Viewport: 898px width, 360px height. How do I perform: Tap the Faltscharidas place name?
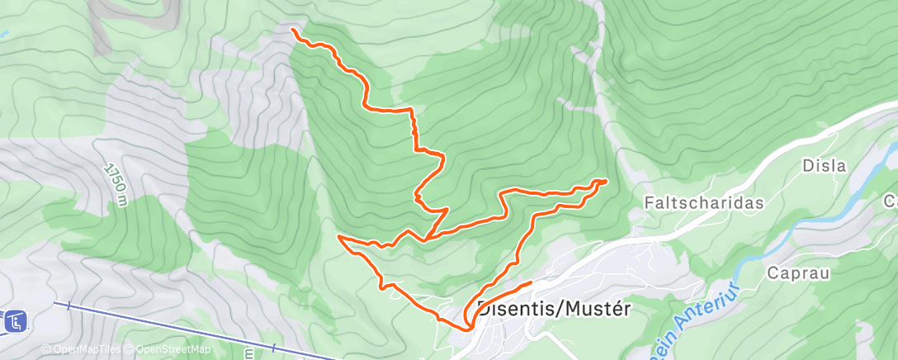point(703,202)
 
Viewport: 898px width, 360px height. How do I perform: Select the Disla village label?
point(825,165)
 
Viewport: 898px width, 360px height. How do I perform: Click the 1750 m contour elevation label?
point(117,183)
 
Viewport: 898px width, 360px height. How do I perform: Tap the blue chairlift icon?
point(15,321)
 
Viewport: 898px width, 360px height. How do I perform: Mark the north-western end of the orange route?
point(294,30)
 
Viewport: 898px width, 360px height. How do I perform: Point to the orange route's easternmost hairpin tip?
point(606,181)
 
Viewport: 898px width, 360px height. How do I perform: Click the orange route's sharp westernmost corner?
point(339,238)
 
